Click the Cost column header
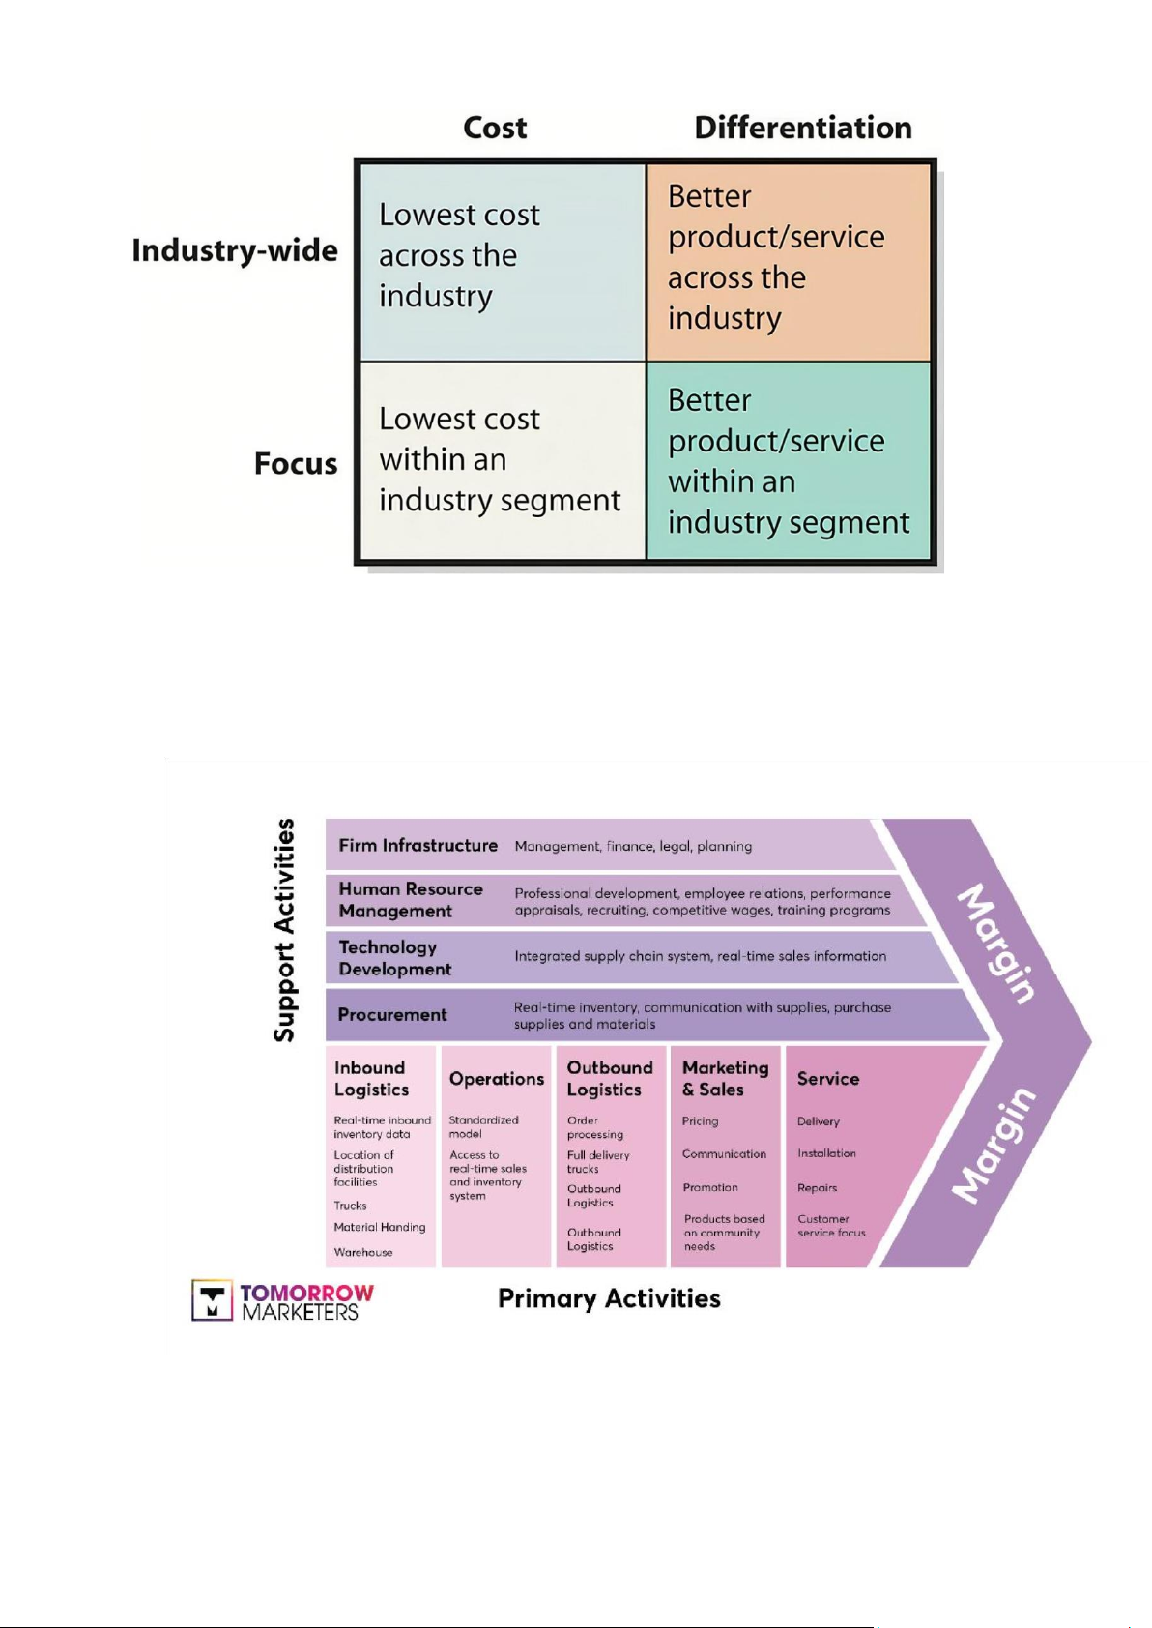tap(495, 128)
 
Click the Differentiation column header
tap(802, 128)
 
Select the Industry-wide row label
tap(235, 250)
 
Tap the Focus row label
tap(296, 464)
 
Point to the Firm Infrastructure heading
tap(418, 846)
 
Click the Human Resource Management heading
tap(410, 900)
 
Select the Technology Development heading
tap(394, 958)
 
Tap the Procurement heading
tap(392, 1015)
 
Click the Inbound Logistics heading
tap(371, 1079)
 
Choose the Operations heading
tap(496, 1079)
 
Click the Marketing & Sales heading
tap(725, 1079)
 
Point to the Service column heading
tap(827, 1079)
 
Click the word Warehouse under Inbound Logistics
tap(363, 1252)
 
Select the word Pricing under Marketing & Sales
tap(700, 1121)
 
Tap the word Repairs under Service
tap(817, 1188)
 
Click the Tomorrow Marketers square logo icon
tap(212, 1300)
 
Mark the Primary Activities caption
tap(609, 1298)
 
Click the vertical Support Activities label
tap(284, 930)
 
